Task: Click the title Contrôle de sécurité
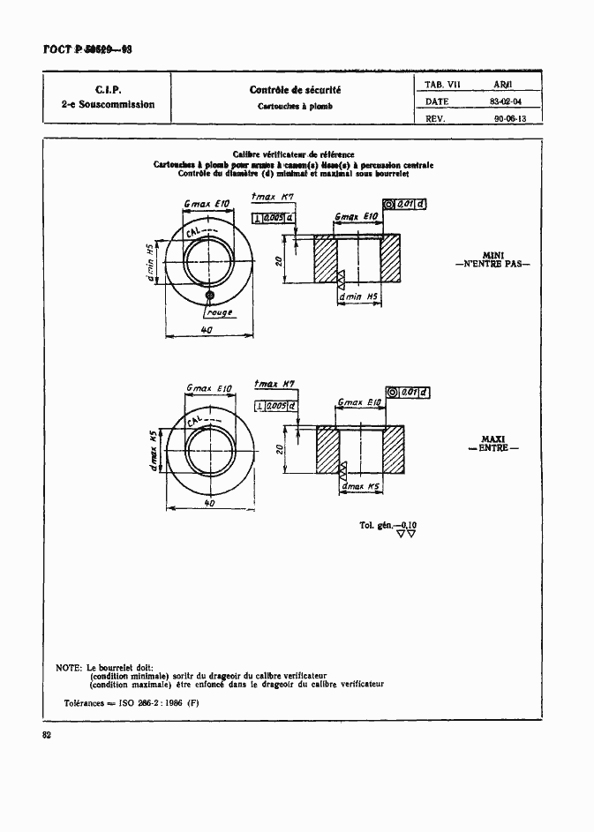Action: click(x=295, y=90)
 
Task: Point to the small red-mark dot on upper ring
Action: click(x=210, y=294)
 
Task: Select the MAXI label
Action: click(x=492, y=438)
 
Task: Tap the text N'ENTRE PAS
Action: click(x=492, y=264)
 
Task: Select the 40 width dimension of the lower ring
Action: click(x=209, y=503)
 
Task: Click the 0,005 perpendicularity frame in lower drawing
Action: click(x=276, y=405)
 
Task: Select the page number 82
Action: click(x=48, y=736)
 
